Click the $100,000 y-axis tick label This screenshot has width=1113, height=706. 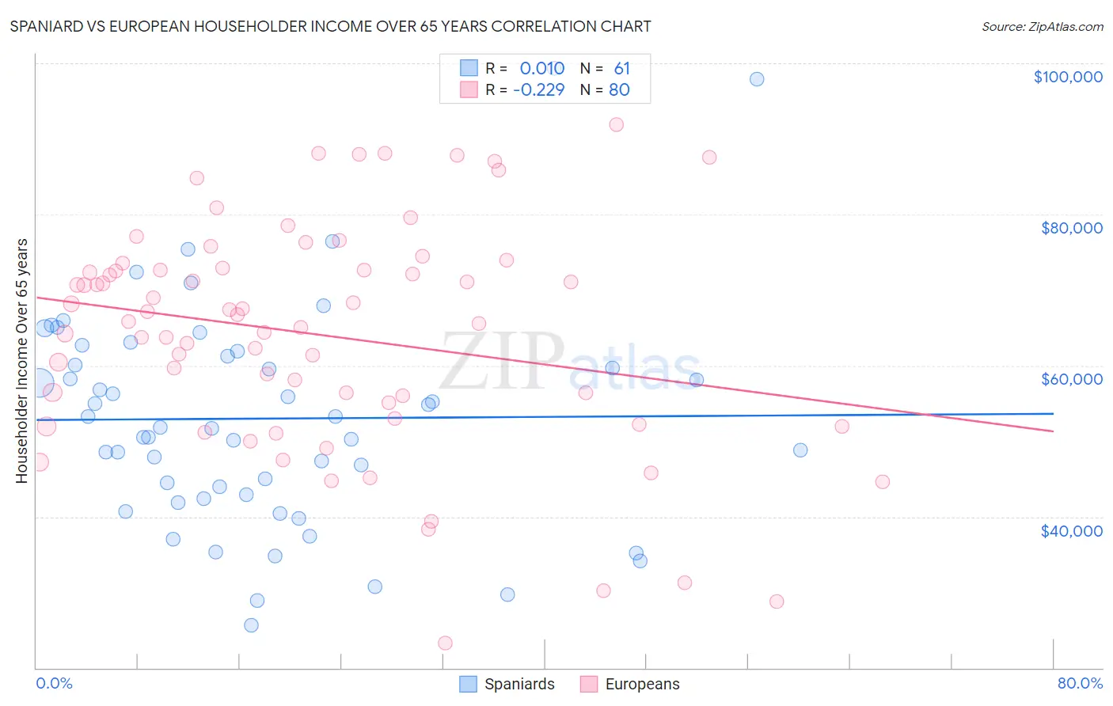[x=1068, y=77]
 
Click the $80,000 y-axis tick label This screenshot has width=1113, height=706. [x=1071, y=228]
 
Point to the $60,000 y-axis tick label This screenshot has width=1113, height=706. [x=1071, y=379]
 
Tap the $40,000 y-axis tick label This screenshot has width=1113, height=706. [x=1071, y=531]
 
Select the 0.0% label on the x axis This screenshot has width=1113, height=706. [x=54, y=683]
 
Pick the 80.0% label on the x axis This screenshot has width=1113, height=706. [x=1080, y=683]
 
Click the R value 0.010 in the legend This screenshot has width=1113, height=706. [x=541, y=69]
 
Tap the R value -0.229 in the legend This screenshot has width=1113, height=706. [x=538, y=90]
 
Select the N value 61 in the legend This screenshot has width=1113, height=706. [x=622, y=69]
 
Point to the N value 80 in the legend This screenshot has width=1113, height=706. [x=619, y=90]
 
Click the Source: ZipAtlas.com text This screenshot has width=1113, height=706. [x=1042, y=27]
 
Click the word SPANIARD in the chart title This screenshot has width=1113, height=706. [x=49, y=26]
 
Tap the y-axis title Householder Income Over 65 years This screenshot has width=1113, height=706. [x=22, y=360]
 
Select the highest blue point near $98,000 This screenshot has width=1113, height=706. [x=757, y=79]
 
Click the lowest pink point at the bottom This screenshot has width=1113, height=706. [x=445, y=643]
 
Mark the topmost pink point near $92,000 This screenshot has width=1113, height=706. [x=616, y=124]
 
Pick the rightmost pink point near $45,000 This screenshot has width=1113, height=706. [x=883, y=482]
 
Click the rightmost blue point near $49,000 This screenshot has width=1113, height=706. [x=800, y=450]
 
